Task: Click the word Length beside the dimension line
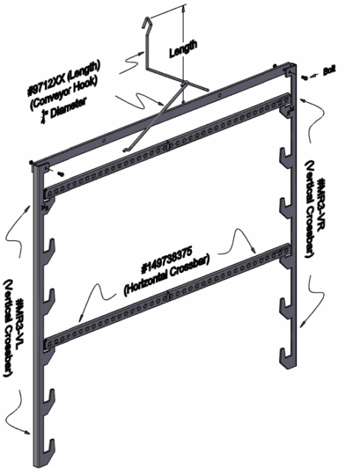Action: pos(183,46)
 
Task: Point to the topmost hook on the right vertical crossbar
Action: pos(286,113)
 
